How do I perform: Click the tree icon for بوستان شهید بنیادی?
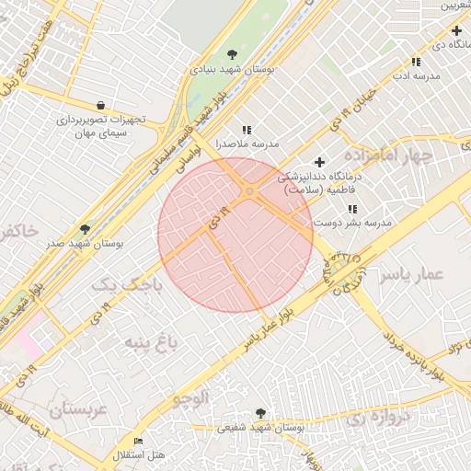[232, 54]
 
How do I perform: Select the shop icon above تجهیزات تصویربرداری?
[99, 105]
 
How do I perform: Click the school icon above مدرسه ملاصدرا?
[246, 131]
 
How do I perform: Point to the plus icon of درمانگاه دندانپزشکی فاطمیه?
[319, 162]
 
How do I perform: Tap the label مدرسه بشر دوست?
[353, 223]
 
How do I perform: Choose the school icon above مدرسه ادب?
[416, 62]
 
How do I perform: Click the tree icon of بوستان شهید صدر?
[86, 229]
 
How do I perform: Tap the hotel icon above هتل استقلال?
[139, 442]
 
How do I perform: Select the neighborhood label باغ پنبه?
[146, 346]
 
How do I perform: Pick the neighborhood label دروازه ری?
[376, 417]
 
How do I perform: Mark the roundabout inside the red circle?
[249, 191]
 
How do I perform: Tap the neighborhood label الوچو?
[190, 397]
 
